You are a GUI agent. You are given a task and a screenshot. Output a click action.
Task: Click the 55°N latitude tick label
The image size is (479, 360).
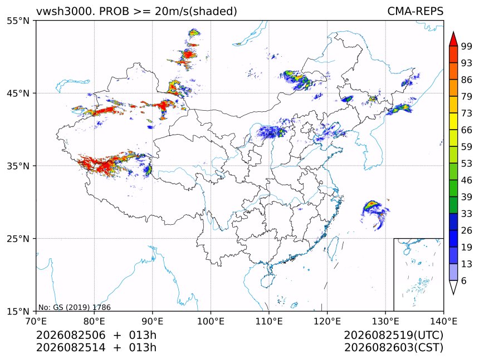point(18,21)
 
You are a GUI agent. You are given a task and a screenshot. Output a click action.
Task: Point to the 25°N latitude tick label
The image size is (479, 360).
point(18,239)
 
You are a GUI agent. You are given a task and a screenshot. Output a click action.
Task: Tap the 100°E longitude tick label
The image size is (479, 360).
point(211,321)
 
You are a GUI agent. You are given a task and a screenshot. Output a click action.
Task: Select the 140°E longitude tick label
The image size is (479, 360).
point(443,321)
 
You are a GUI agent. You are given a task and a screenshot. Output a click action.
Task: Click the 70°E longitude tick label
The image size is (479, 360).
point(36,321)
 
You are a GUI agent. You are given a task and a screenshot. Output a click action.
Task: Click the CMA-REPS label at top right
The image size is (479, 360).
point(415,11)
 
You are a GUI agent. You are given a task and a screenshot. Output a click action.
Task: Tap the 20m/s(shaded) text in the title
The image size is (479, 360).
point(196,12)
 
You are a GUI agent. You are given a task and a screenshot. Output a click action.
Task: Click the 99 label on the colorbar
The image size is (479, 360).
point(467,46)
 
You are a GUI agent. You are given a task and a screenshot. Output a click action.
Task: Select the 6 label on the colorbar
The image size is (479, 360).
point(464,280)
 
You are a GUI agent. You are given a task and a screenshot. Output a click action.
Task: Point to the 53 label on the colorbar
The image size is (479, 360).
point(467,164)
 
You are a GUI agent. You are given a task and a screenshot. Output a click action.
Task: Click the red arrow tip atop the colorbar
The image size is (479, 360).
point(453,32)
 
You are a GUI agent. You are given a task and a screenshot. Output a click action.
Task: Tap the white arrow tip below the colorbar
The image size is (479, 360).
point(453,294)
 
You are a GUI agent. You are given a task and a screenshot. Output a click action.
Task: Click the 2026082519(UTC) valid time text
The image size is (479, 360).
point(393,335)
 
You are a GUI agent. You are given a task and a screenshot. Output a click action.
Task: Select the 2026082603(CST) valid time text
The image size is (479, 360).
point(393,348)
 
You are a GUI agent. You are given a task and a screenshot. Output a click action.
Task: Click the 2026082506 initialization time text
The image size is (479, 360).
point(71,335)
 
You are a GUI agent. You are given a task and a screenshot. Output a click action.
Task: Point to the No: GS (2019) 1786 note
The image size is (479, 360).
point(74,307)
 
